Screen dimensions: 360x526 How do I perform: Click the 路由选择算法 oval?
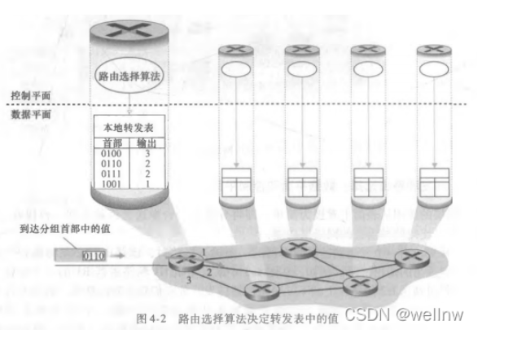(x=129, y=74)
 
